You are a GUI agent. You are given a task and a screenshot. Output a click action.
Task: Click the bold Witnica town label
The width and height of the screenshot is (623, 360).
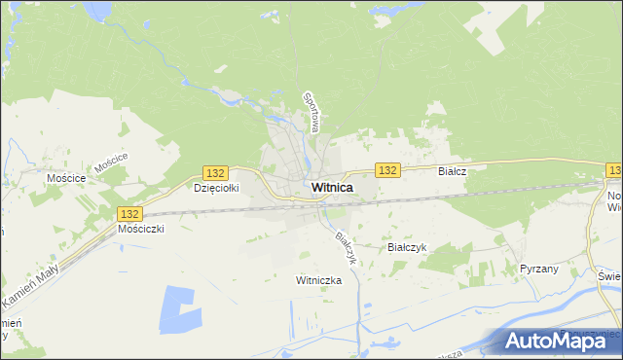[x=332, y=188]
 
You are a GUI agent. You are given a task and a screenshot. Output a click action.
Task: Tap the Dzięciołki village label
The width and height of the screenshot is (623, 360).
[x=216, y=188]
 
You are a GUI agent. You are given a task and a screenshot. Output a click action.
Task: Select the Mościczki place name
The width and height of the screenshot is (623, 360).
[x=141, y=229]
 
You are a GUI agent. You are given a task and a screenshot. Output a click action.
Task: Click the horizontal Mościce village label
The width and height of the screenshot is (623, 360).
[x=66, y=179]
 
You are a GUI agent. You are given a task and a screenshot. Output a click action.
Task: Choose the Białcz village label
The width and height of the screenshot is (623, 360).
[x=453, y=170]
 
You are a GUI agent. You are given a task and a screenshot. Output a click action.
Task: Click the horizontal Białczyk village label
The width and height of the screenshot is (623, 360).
[x=407, y=247]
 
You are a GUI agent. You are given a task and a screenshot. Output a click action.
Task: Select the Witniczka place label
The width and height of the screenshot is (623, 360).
[x=319, y=279]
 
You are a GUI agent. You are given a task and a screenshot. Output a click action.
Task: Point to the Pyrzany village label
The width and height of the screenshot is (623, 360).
[x=539, y=268]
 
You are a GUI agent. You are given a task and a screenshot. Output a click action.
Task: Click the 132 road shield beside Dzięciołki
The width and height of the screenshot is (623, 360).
[x=216, y=171]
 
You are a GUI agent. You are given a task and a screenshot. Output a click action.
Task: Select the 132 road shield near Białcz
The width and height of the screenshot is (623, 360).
[x=387, y=170]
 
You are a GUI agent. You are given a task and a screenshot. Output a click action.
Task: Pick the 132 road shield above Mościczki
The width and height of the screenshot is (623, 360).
[x=128, y=212]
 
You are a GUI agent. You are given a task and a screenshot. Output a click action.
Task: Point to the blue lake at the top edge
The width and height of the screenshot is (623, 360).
[x=97, y=9]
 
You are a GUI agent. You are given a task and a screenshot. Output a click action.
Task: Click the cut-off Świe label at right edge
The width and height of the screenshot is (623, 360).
[x=610, y=275]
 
